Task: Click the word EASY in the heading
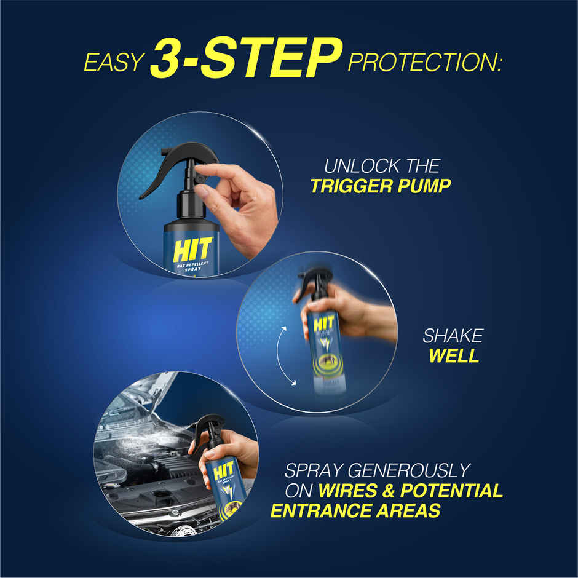(x=113, y=63)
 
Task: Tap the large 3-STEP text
(x=245, y=60)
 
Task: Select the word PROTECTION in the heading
(x=425, y=63)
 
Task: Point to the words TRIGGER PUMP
(x=380, y=186)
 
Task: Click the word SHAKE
(x=453, y=336)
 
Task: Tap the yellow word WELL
(x=454, y=356)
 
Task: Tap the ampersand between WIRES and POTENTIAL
(x=389, y=491)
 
